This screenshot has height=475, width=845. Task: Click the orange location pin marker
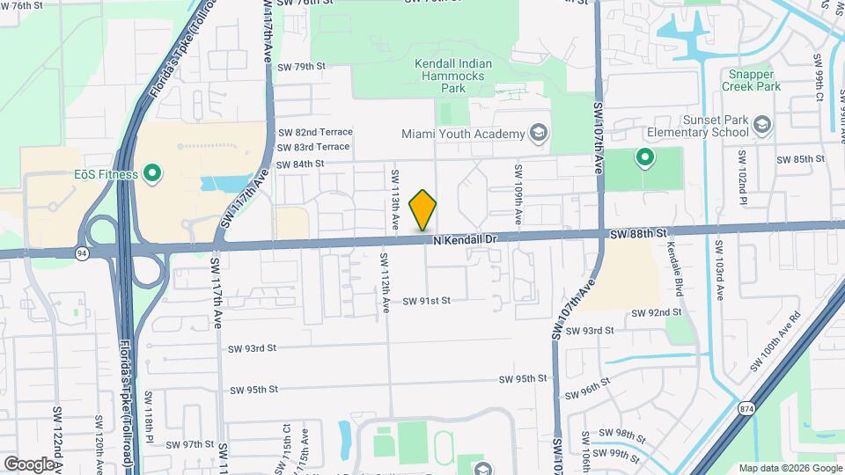point(423,210)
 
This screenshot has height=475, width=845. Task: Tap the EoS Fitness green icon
point(152,173)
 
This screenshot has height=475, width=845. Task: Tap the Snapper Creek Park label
point(751,81)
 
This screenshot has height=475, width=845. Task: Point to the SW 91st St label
point(427,301)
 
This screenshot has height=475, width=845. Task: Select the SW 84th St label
point(300,164)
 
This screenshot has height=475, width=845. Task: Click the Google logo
point(29,464)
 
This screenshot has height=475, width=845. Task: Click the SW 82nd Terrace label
point(314,132)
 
